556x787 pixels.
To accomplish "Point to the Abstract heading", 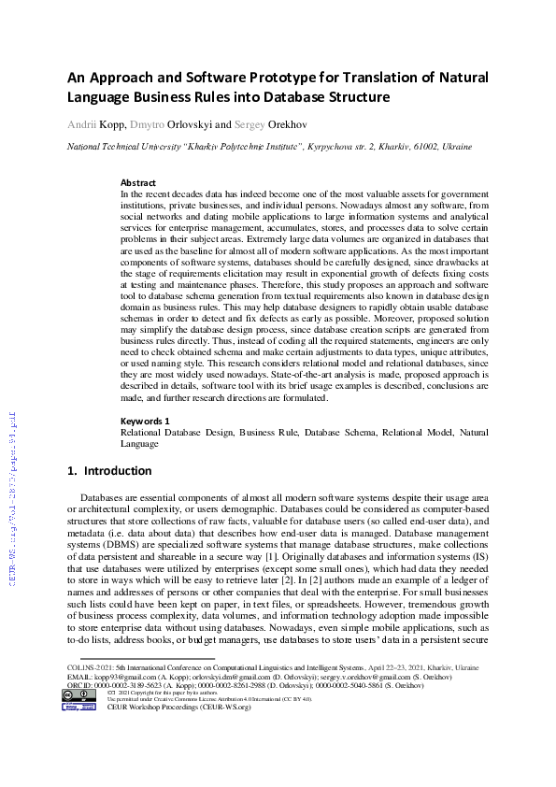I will pos(138,182).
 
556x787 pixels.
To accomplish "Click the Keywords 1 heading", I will pos(145,422).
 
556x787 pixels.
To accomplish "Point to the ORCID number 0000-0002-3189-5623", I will pos(128,685).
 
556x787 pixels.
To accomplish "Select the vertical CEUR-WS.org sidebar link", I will pos(13,510).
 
